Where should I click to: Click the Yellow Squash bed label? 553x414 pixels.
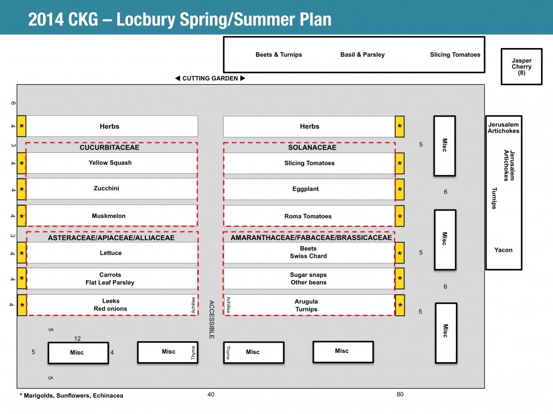coord(110,163)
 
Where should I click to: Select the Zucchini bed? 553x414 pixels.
coord(106,189)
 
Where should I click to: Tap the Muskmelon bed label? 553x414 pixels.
coord(109,216)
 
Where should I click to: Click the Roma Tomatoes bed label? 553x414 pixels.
coord(308,216)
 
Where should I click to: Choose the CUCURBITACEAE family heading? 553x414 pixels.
coord(110,147)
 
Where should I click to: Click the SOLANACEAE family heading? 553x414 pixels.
coord(309,147)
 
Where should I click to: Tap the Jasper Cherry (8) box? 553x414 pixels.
coord(521,67)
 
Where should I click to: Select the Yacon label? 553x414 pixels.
coord(503,250)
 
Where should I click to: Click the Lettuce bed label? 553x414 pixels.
coord(111,253)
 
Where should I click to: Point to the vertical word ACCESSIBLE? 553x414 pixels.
coord(212,320)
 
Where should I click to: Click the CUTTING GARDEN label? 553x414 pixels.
coord(210,78)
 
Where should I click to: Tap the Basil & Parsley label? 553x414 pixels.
coord(362,55)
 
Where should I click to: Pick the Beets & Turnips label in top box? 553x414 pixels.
coord(279,55)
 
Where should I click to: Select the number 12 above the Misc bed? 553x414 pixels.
coord(77,339)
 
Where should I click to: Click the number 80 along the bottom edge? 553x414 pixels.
coord(400,395)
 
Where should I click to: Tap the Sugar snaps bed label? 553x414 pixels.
coord(308,275)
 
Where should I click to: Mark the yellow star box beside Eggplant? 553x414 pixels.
coord(400,189)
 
